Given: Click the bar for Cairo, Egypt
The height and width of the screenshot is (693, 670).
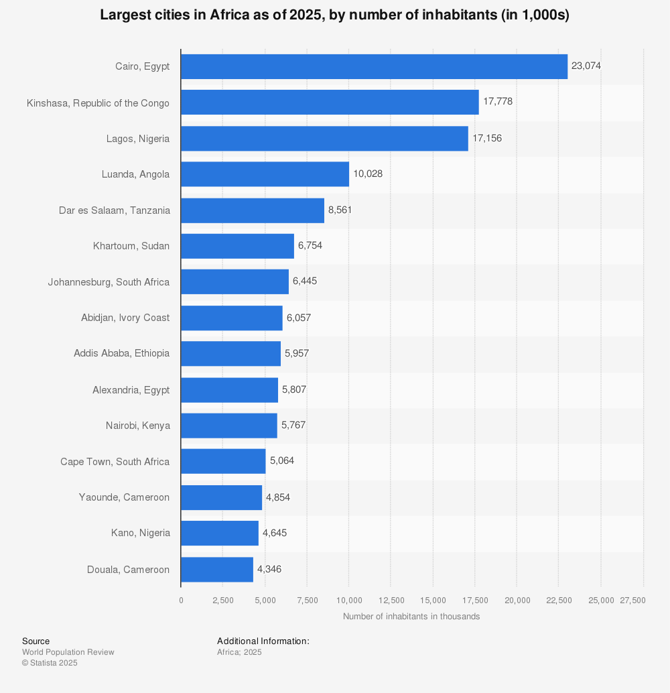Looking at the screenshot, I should click(374, 66).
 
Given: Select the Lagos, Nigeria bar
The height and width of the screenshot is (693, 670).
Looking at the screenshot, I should click(324, 138).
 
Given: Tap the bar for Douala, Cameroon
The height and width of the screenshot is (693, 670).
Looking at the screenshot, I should click(217, 569).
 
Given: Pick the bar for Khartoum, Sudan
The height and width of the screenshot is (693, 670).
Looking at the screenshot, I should click(237, 246).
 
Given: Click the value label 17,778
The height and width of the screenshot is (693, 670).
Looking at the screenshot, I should click(498, 102).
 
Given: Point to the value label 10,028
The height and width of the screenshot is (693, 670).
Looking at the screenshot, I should click(368, 174).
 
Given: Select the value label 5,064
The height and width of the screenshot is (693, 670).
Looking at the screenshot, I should click(282, 461).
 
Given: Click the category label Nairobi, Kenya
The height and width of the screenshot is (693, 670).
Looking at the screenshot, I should click(137, 426).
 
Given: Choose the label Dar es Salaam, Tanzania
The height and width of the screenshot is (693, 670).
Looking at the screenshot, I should click(115, 210).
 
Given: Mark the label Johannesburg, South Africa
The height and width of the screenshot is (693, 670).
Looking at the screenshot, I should click(109, 282).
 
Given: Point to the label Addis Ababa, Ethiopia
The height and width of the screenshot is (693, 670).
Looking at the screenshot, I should click(121, 353).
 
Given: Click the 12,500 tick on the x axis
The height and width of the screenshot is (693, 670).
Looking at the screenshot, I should click(391, 601).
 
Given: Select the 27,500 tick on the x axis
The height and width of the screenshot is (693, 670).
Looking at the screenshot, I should click(633, 601).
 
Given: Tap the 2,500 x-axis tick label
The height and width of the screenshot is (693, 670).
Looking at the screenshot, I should click(222, 601).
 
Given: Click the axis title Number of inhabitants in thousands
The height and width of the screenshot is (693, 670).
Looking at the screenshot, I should click(411, 617).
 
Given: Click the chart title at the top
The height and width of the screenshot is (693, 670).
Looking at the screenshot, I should click(334, 15).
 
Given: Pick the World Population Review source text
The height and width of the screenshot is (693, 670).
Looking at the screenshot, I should click(68, 652).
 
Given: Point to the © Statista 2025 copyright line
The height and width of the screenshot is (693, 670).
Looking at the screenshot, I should click(50, 663).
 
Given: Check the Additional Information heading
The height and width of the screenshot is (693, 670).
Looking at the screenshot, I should click(263, 641).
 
